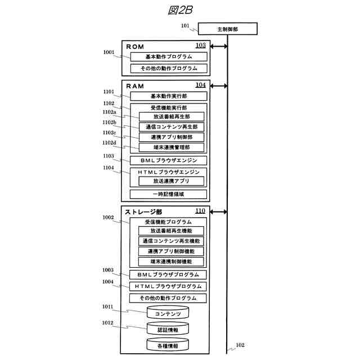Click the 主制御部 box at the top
coord(228,29)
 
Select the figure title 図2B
coord(180,11)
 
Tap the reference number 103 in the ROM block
coord(200,46)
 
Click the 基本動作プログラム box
coord(168,57)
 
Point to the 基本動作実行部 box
coord(168,96)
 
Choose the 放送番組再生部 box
coord(172,116)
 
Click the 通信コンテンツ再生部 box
coord(172,127)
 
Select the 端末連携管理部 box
coord(172,147)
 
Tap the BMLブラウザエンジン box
coord(168,160)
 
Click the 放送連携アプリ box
coord(172,181)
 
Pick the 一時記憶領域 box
coord(168,194)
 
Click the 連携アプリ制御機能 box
coord(172,251)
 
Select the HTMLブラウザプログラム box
coord(168,286)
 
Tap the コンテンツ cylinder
coord(168,313)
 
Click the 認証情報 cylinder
coord(168,329)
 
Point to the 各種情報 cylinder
coord(168,345)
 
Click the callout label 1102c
coord(109,133)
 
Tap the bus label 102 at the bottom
coord(240,345)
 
